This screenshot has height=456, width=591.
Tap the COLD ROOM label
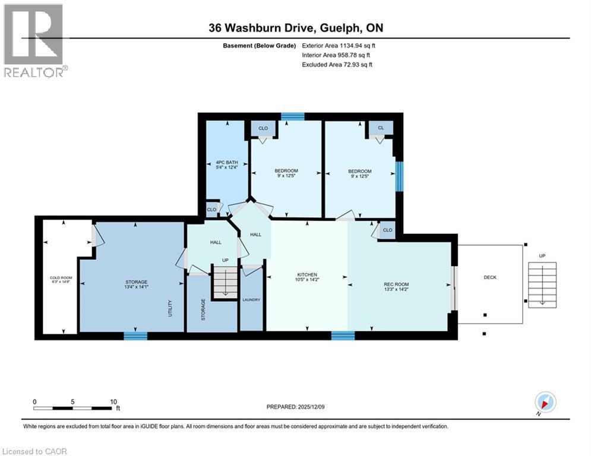tap(60, 278)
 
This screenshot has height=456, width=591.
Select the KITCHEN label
tap(306, 275)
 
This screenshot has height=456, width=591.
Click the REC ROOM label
tap(396, 284)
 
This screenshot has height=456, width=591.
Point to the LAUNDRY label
tap(251, 300)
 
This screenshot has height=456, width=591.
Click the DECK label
tap(490, 277)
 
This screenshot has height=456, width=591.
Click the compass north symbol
tap(545, 402)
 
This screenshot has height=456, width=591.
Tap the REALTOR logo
tap(34, 40)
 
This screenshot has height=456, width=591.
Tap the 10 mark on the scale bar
tap(113, 401)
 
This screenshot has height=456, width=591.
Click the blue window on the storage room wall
tap(135, 336)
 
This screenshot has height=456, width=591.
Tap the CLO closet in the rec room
tap(387, 230)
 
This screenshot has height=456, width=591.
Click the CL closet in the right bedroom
tap(381, 128)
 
